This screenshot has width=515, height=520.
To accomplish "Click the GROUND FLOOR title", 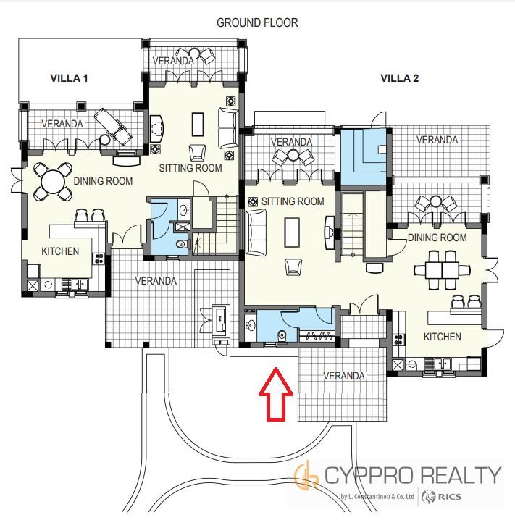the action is [257, 22].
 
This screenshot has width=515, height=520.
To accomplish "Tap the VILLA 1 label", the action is [69, 78].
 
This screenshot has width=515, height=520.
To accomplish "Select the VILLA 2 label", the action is [400, 78].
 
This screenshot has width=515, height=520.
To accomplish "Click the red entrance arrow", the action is [276, 394].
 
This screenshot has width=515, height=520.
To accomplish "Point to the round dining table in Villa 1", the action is [53, 181].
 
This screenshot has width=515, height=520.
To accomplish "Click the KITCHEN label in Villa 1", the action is [60, 251].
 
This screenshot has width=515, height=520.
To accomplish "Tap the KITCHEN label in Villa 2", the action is [443, 337].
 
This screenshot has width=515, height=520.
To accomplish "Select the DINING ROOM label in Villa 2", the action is [437, 238].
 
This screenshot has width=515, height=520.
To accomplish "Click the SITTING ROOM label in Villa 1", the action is [190, 168].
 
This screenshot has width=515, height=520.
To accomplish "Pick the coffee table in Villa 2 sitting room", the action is [292, 232].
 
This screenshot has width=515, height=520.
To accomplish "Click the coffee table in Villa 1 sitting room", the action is [198, 125].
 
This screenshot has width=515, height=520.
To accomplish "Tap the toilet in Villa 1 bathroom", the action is [182, 244].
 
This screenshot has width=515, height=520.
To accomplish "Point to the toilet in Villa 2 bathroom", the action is [282, 335].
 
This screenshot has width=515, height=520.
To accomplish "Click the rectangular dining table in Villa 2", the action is [443, 270].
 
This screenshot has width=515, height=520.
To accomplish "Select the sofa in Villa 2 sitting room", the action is [256, 232].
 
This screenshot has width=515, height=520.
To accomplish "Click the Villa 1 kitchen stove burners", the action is [99, 259].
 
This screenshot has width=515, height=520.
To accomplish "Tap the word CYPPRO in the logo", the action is [369, 475].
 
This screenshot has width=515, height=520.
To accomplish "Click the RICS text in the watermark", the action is [449, 496].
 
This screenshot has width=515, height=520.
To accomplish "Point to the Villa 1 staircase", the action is [216, 225].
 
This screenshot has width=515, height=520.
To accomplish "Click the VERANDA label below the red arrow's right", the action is [344, 376].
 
